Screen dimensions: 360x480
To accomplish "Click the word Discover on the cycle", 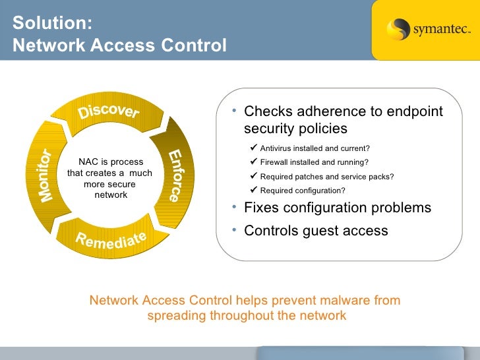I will click(x=109, y=112).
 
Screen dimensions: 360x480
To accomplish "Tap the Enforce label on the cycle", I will click(x=174, y=175).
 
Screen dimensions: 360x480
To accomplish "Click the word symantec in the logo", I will click(x=441, y=30).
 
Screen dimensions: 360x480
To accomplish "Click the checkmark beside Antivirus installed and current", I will click(x=255, y=146).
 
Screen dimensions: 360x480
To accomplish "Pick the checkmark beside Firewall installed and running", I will click(x=255, y=162).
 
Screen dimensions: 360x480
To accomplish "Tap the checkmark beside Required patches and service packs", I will click(x=255, y=176).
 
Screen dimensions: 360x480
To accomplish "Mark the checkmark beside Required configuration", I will click(x=255, y=191).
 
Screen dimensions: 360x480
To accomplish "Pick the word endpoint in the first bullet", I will click(x=415, y=111).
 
